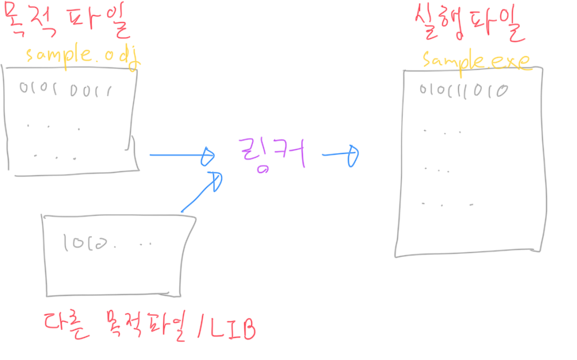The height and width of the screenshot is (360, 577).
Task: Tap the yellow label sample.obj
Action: coord(82,56)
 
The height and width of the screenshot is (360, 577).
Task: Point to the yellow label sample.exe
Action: coord(476,60)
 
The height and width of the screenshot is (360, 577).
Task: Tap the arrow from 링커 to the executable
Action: coord(341,155)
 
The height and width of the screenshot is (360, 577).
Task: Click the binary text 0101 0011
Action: coord(65,90)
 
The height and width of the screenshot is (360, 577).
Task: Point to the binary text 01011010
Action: coord(464,90)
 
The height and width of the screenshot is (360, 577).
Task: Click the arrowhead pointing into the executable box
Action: coord(353,155)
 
